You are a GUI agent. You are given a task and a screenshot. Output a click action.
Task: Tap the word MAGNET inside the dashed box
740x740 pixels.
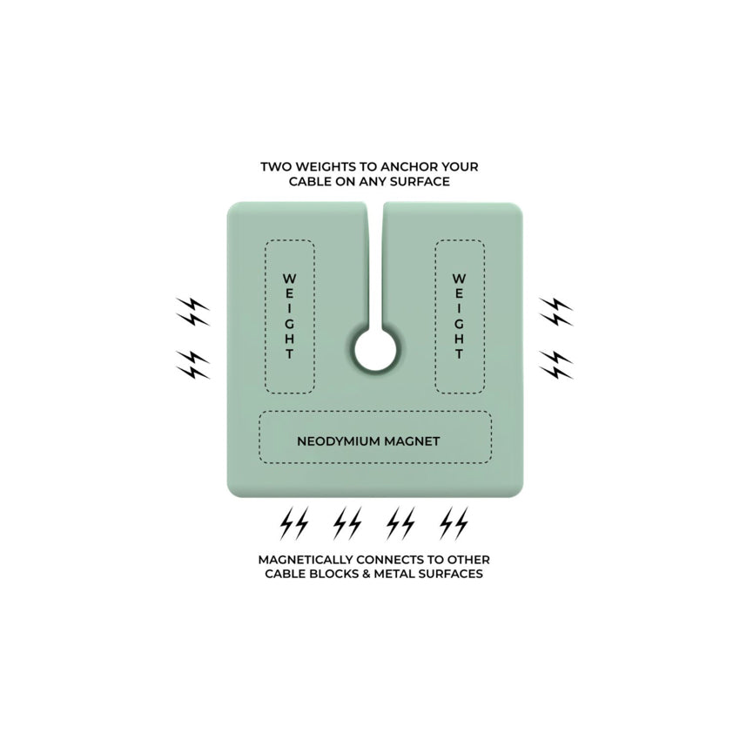pos(412,441)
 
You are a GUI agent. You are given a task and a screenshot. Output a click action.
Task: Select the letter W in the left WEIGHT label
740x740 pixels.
pos(289,278)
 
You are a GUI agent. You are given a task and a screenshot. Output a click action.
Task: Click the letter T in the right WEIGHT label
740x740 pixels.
pos(459,354)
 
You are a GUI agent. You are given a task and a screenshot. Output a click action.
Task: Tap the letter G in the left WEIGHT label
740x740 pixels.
pos(289,324)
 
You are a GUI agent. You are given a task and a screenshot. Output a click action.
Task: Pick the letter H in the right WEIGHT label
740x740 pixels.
pos(459,339)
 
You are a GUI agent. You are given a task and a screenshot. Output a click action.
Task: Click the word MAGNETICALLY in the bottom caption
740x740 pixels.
pos(306,560)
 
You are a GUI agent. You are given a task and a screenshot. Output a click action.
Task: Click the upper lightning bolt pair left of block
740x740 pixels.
pos(192,312)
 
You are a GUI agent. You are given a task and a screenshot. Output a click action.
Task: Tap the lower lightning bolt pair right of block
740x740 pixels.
pos(556,365)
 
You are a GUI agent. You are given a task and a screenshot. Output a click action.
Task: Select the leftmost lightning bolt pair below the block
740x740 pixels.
pos(294,523)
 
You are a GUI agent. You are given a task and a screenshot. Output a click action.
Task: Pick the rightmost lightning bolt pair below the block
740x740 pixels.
pos(454,523)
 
